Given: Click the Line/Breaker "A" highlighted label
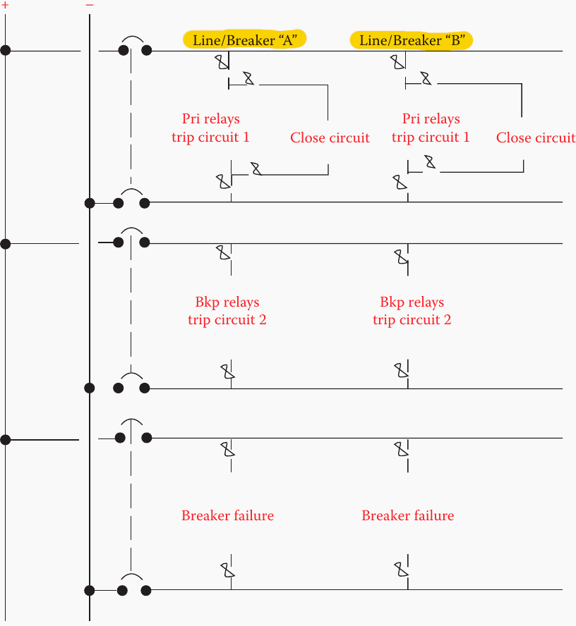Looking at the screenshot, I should pyautogui.click(x=244, y=40).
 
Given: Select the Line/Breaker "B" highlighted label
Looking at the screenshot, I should pyautogui.click(x=411, y=40).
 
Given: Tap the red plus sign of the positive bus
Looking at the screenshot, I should pyautogui.click(x=6, y=4).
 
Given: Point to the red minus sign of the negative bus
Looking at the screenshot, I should pyautogui.click(x=90, y=4).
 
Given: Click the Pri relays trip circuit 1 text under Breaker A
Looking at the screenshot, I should pyautogui.click(x=210, y=128).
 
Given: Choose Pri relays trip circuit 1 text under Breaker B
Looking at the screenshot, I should pyautogui.click(x=431, y=128).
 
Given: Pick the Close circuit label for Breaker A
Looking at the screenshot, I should pyautogui.click(x=330, y=137).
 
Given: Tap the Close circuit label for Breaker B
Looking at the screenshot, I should pyautogui.click(x=535, y=137).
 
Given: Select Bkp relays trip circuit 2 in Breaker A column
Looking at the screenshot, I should pyautogui.click(x=227, y=311).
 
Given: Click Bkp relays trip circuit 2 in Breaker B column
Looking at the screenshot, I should pyautogui.click(x=412, y=311).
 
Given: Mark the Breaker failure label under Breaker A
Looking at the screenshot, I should pyautogui.click(x=227, y=515).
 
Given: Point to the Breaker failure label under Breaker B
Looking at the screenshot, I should pyautogui.click(x=407, y=515).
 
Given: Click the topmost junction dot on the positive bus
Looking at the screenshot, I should pyautogui.click(x=6, y=51).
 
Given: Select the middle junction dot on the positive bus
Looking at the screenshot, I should pyautogui.click(x=6, y=244).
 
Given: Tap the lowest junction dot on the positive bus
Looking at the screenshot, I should pyautogui.click(x=6, y=439).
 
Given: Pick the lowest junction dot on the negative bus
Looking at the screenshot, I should pyautogui.click(x=89, y=590).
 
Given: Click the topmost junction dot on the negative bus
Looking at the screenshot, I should pyautogui.click(x=89, y=203).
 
